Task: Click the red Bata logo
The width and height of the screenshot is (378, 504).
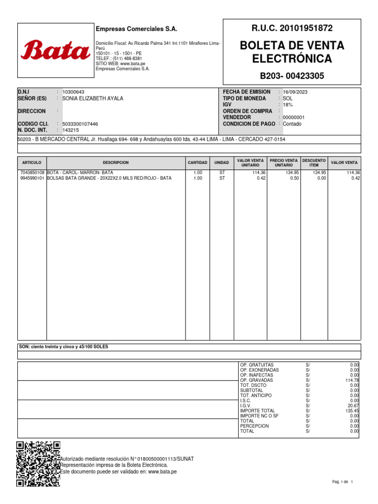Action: (x=55, y=50)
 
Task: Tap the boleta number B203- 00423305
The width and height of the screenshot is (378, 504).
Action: (x=292, y=76)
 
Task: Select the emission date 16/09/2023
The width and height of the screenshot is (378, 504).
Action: (x=295, y=92)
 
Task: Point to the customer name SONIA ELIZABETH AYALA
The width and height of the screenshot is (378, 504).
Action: (x=93, y=98)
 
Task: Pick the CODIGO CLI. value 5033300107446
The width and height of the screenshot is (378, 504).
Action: (x=80, y=124)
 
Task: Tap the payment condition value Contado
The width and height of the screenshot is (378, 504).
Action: (x=292, y=124)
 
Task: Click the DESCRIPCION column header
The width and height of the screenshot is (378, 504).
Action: (x=116, y=162)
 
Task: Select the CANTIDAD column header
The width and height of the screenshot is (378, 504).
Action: (x=197, y=162)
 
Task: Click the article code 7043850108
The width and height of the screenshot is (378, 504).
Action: (x=32, y=173)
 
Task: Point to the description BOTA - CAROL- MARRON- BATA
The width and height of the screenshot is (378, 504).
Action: (x=80, y=173)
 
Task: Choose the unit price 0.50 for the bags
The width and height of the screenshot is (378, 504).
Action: (x=293, y=179)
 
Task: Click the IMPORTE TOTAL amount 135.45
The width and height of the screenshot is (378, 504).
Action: (x=352, y=410)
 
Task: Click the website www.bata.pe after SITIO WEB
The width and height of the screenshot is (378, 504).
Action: (x=132, y=64)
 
